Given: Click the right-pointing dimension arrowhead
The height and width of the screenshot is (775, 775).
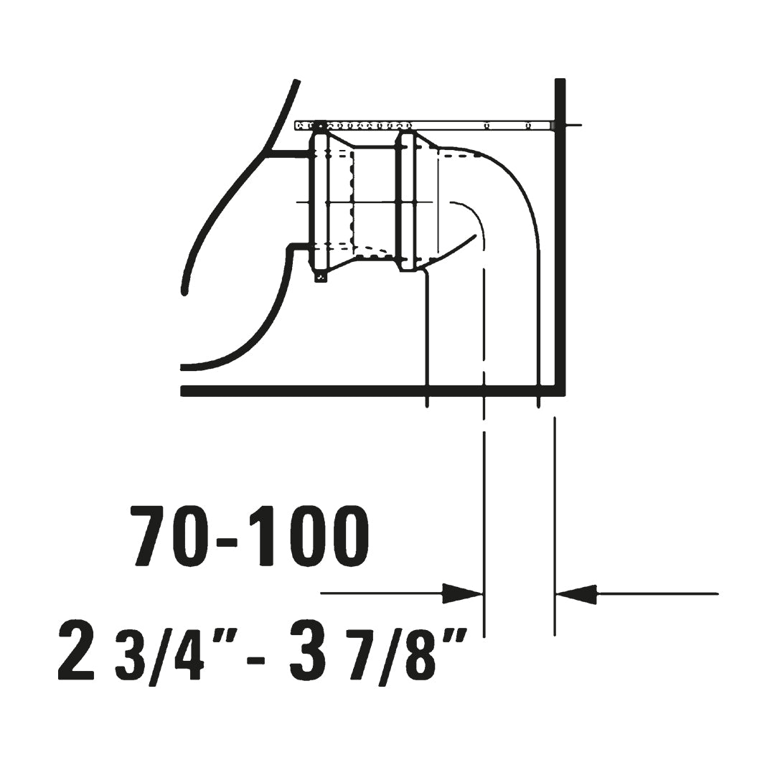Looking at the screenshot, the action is point(462,593).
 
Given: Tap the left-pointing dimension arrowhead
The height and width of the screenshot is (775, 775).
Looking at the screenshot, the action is point(576,593).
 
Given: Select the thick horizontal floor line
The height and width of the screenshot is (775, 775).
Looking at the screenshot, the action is point(372,391).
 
